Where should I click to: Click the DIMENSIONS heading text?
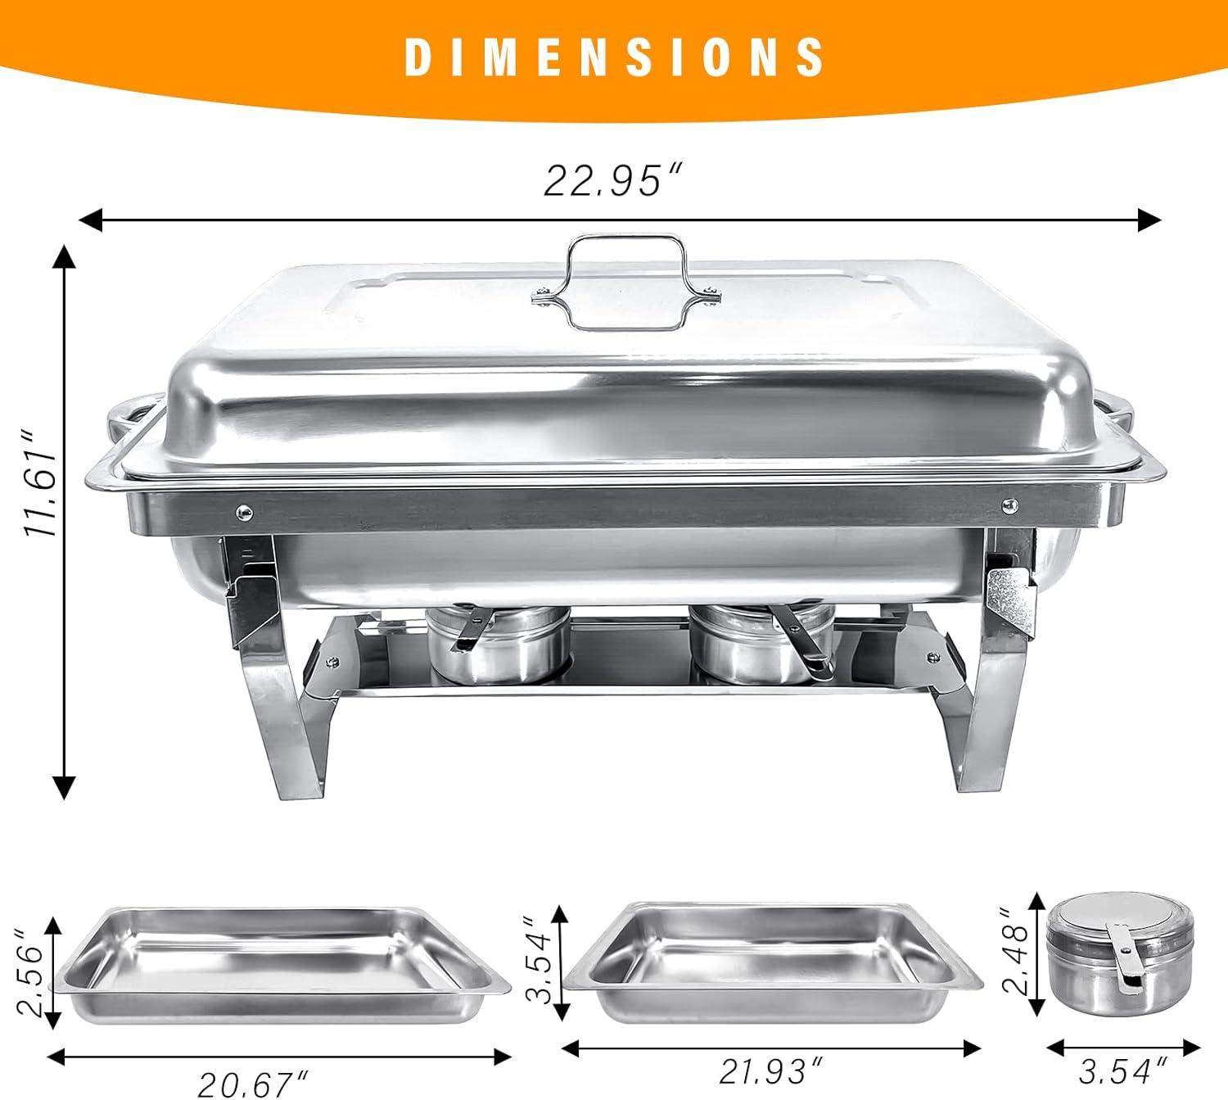point(615,57)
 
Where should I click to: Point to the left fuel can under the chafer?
point(498,645)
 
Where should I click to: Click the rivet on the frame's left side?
point(243,512)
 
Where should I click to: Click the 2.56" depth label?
point(29,973)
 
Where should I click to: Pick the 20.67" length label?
point(254,1084)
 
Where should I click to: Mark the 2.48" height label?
point(1018,950)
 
